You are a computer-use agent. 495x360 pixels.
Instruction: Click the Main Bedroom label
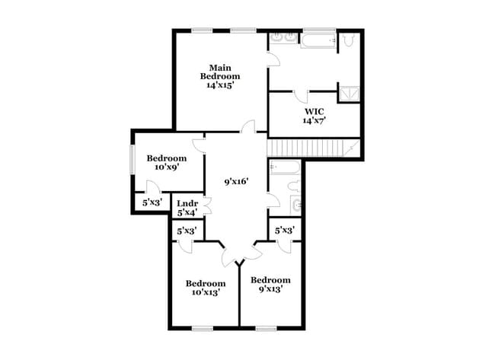pos(220,76)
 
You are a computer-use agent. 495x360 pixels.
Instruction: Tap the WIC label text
pos(315,116)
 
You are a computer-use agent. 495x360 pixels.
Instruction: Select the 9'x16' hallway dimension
pos(235,182)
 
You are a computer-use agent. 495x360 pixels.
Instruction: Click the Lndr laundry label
pos(188,208)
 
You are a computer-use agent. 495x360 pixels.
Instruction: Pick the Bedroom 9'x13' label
pos(270,285)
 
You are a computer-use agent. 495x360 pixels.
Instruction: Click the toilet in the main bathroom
pos(349,40)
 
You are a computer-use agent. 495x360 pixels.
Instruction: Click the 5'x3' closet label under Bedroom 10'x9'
pos(152,203)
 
